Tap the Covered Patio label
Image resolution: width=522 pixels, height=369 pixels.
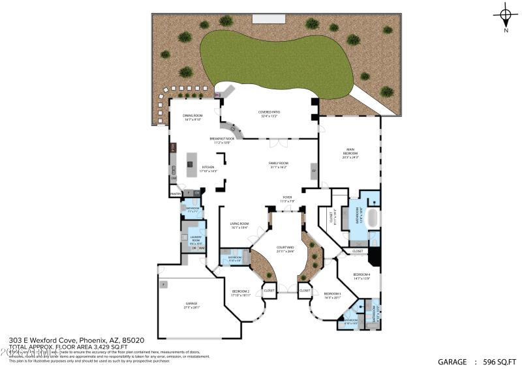[x=269, y=114]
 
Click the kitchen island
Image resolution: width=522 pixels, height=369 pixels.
[x=192, y=164]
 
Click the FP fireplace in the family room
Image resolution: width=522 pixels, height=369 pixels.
[x=313, y=171]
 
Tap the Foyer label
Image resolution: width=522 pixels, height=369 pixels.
[x=287, y=199]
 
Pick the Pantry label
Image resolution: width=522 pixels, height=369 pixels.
[x=175, y=194]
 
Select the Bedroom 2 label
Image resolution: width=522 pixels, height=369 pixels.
[x=241, y=293]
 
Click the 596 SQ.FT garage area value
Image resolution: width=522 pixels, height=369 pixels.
[x=498, y=361]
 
